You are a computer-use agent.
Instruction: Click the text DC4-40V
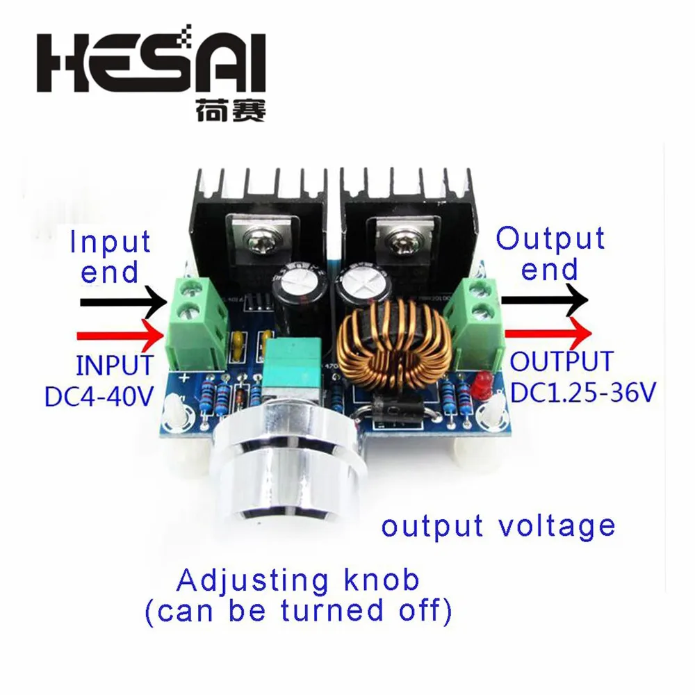[99, 396]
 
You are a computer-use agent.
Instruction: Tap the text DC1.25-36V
[582, 393]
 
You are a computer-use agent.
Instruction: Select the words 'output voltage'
[498, 525]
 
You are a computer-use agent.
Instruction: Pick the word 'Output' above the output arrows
[550, 238]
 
